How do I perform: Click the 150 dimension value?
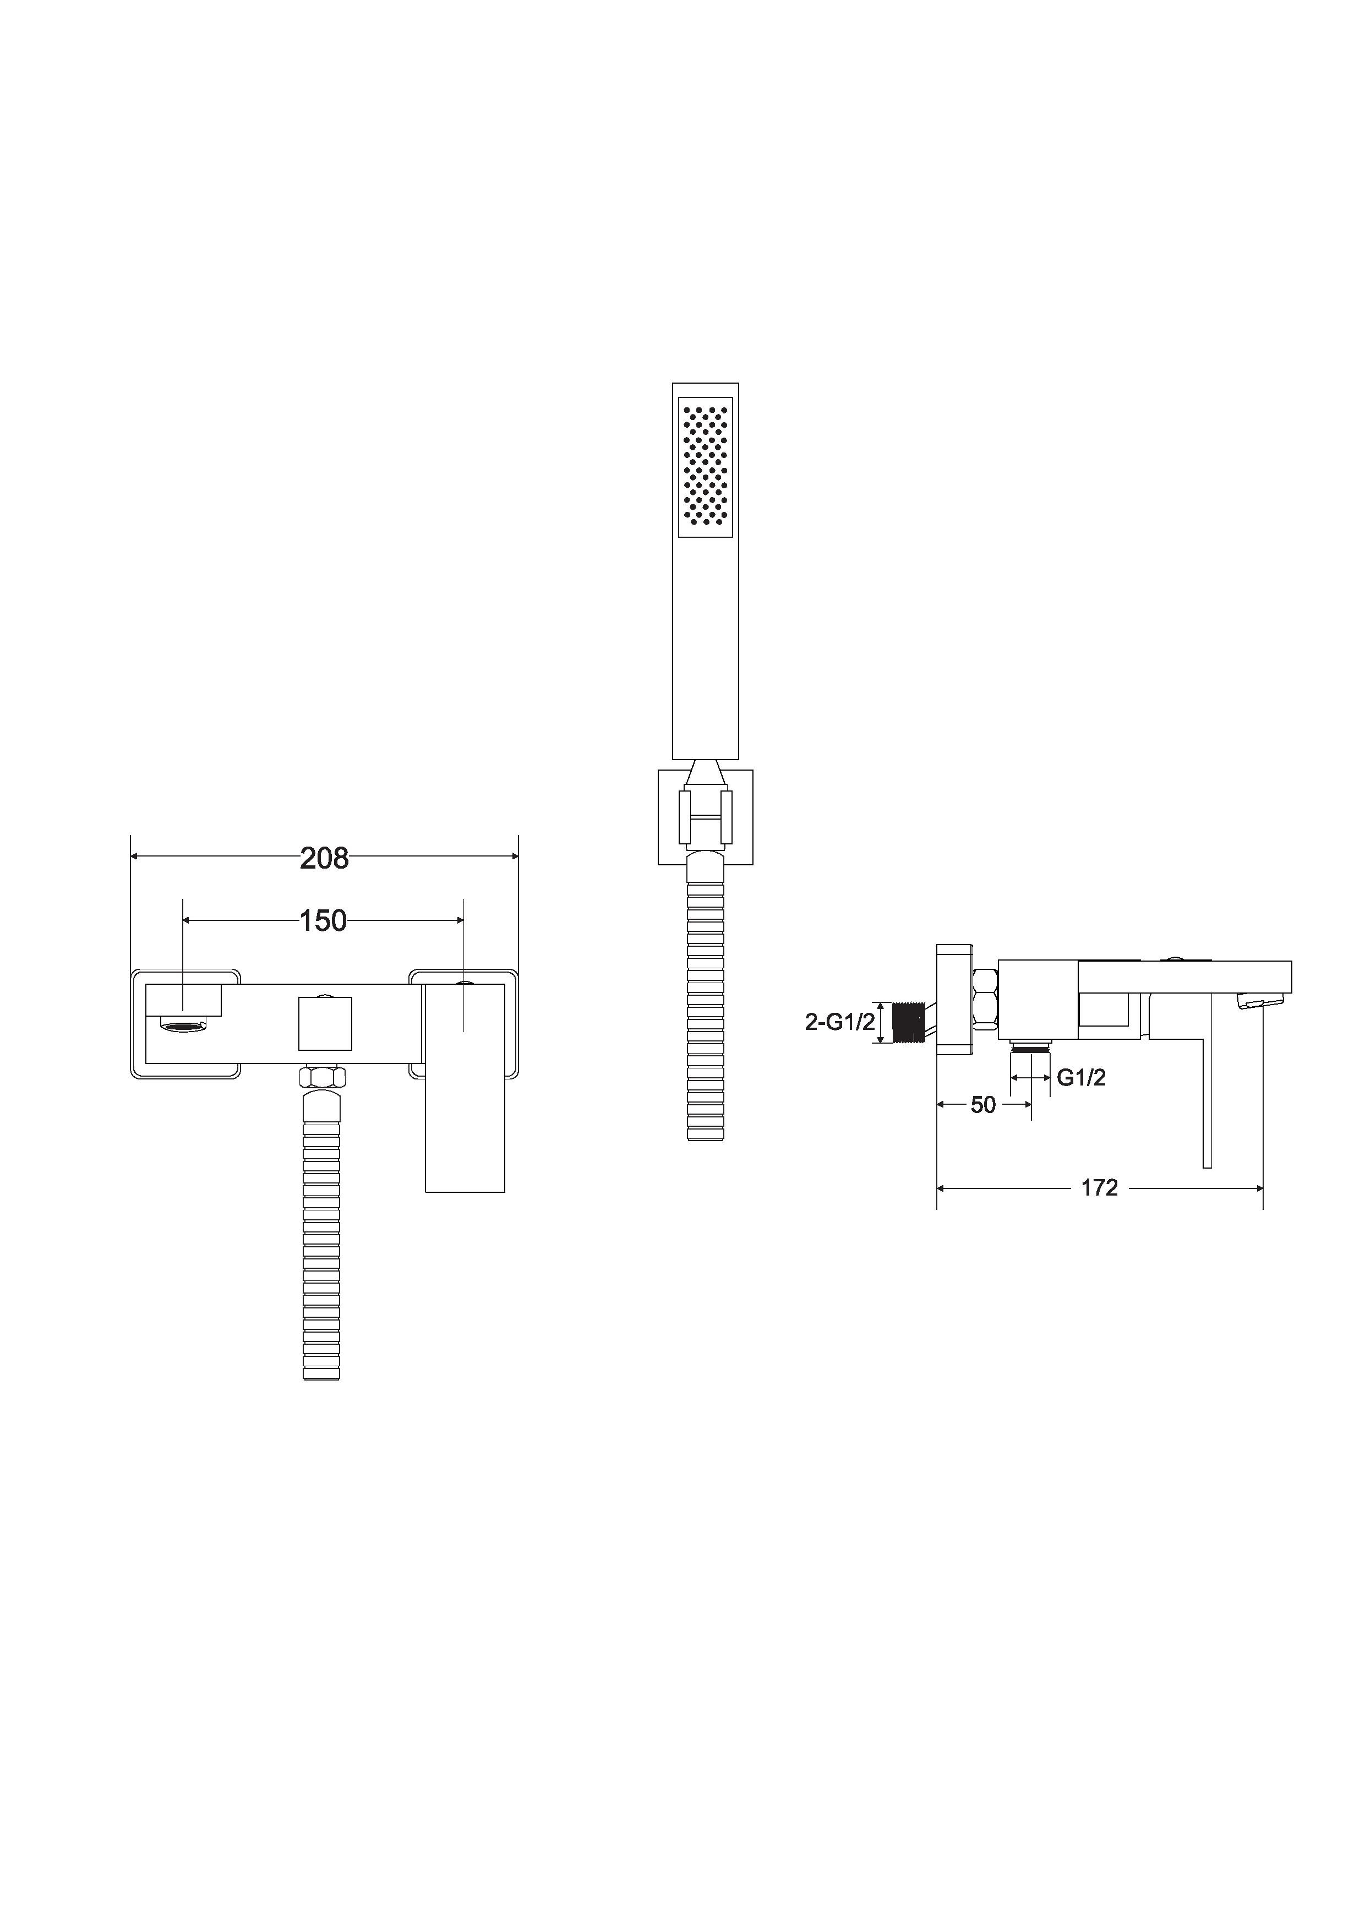point(324,921)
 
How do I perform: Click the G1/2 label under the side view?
point(1081,1077)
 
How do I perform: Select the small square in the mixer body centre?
point(325,1023)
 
